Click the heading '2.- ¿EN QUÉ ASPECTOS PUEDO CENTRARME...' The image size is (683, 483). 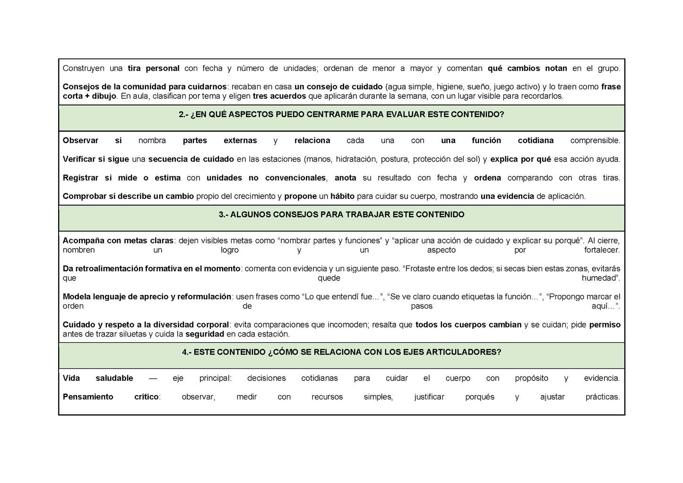[341, 114]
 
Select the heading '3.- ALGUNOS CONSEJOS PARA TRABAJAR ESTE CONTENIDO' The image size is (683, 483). [341, 215]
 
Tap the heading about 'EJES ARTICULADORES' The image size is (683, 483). [341, 353]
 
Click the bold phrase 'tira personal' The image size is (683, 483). [154, 69]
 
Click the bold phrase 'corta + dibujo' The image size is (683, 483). [89, 96]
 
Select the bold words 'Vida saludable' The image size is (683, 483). [98, 378]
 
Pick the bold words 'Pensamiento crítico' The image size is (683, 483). [111, 397]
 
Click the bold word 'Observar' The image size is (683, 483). [80, 141]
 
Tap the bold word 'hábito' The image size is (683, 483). [342, 197]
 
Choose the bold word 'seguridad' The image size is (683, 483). [205, 334]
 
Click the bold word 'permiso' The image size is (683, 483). [605, 325]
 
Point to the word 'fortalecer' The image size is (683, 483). [601, 250]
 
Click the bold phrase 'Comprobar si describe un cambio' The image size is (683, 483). [128, 197]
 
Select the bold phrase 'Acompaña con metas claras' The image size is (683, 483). [118, 241]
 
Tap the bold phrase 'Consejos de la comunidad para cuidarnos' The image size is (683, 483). [145, 87]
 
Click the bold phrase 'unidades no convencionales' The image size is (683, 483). [266, 178]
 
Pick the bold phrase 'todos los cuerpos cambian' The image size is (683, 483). [468, 325]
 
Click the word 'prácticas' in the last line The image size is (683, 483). [602, 397]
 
